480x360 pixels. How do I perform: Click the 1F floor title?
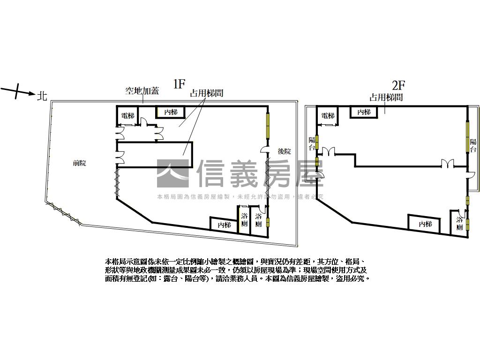[x=180, y=84]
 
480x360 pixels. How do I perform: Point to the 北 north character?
[x=42, y=96]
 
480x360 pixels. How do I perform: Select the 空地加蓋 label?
[x=142, y=91]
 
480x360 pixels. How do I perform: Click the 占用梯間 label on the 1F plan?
[x=206, y=93]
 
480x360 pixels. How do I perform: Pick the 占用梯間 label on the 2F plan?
[x=386, y=97]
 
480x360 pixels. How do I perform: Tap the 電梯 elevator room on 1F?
[x=127, y=115]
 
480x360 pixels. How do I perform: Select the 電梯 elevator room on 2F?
[x=328, y=116]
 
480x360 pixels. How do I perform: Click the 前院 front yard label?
[x=79, y=164]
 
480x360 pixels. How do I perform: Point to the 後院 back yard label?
[x=284, y=151]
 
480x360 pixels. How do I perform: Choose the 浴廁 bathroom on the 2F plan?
[x=460, y=224]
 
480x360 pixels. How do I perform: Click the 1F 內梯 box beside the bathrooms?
[x=224, y=225]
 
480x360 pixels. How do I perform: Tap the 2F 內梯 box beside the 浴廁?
[x=425, y=224]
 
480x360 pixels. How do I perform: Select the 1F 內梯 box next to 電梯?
[x=170, y=112]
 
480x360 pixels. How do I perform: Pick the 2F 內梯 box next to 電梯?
[x=364, y=112]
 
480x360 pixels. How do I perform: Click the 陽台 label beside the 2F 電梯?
[x=312, y=143]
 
